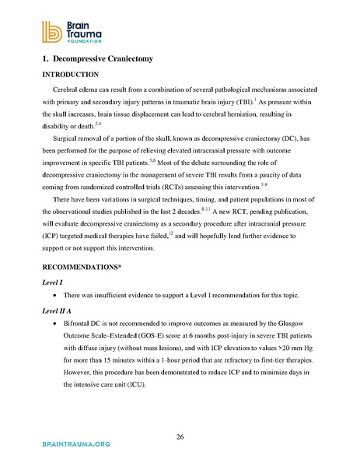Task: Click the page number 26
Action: pos(180,437)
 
